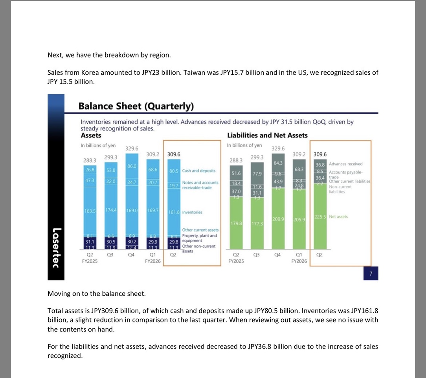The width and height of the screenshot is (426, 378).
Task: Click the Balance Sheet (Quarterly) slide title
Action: (136, 106)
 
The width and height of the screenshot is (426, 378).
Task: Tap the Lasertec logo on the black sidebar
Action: (56, 248)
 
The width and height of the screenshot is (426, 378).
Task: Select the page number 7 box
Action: (371, 273)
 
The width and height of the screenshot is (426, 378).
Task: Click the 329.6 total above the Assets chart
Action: (132, 148)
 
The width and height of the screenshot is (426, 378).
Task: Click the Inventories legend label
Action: (192, 212)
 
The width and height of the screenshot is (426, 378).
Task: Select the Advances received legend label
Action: (345, 164)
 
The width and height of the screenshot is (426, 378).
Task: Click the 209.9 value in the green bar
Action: (278, 219)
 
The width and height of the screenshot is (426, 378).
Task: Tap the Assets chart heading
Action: (91, 135)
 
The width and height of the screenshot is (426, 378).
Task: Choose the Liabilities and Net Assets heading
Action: (267, 135)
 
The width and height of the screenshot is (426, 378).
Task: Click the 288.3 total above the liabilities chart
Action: (236, 161)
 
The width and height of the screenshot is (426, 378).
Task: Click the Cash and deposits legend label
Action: (198, 170)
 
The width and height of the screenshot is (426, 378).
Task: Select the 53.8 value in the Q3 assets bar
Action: (111, 170)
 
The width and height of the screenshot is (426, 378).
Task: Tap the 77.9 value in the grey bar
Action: (257, 173)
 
